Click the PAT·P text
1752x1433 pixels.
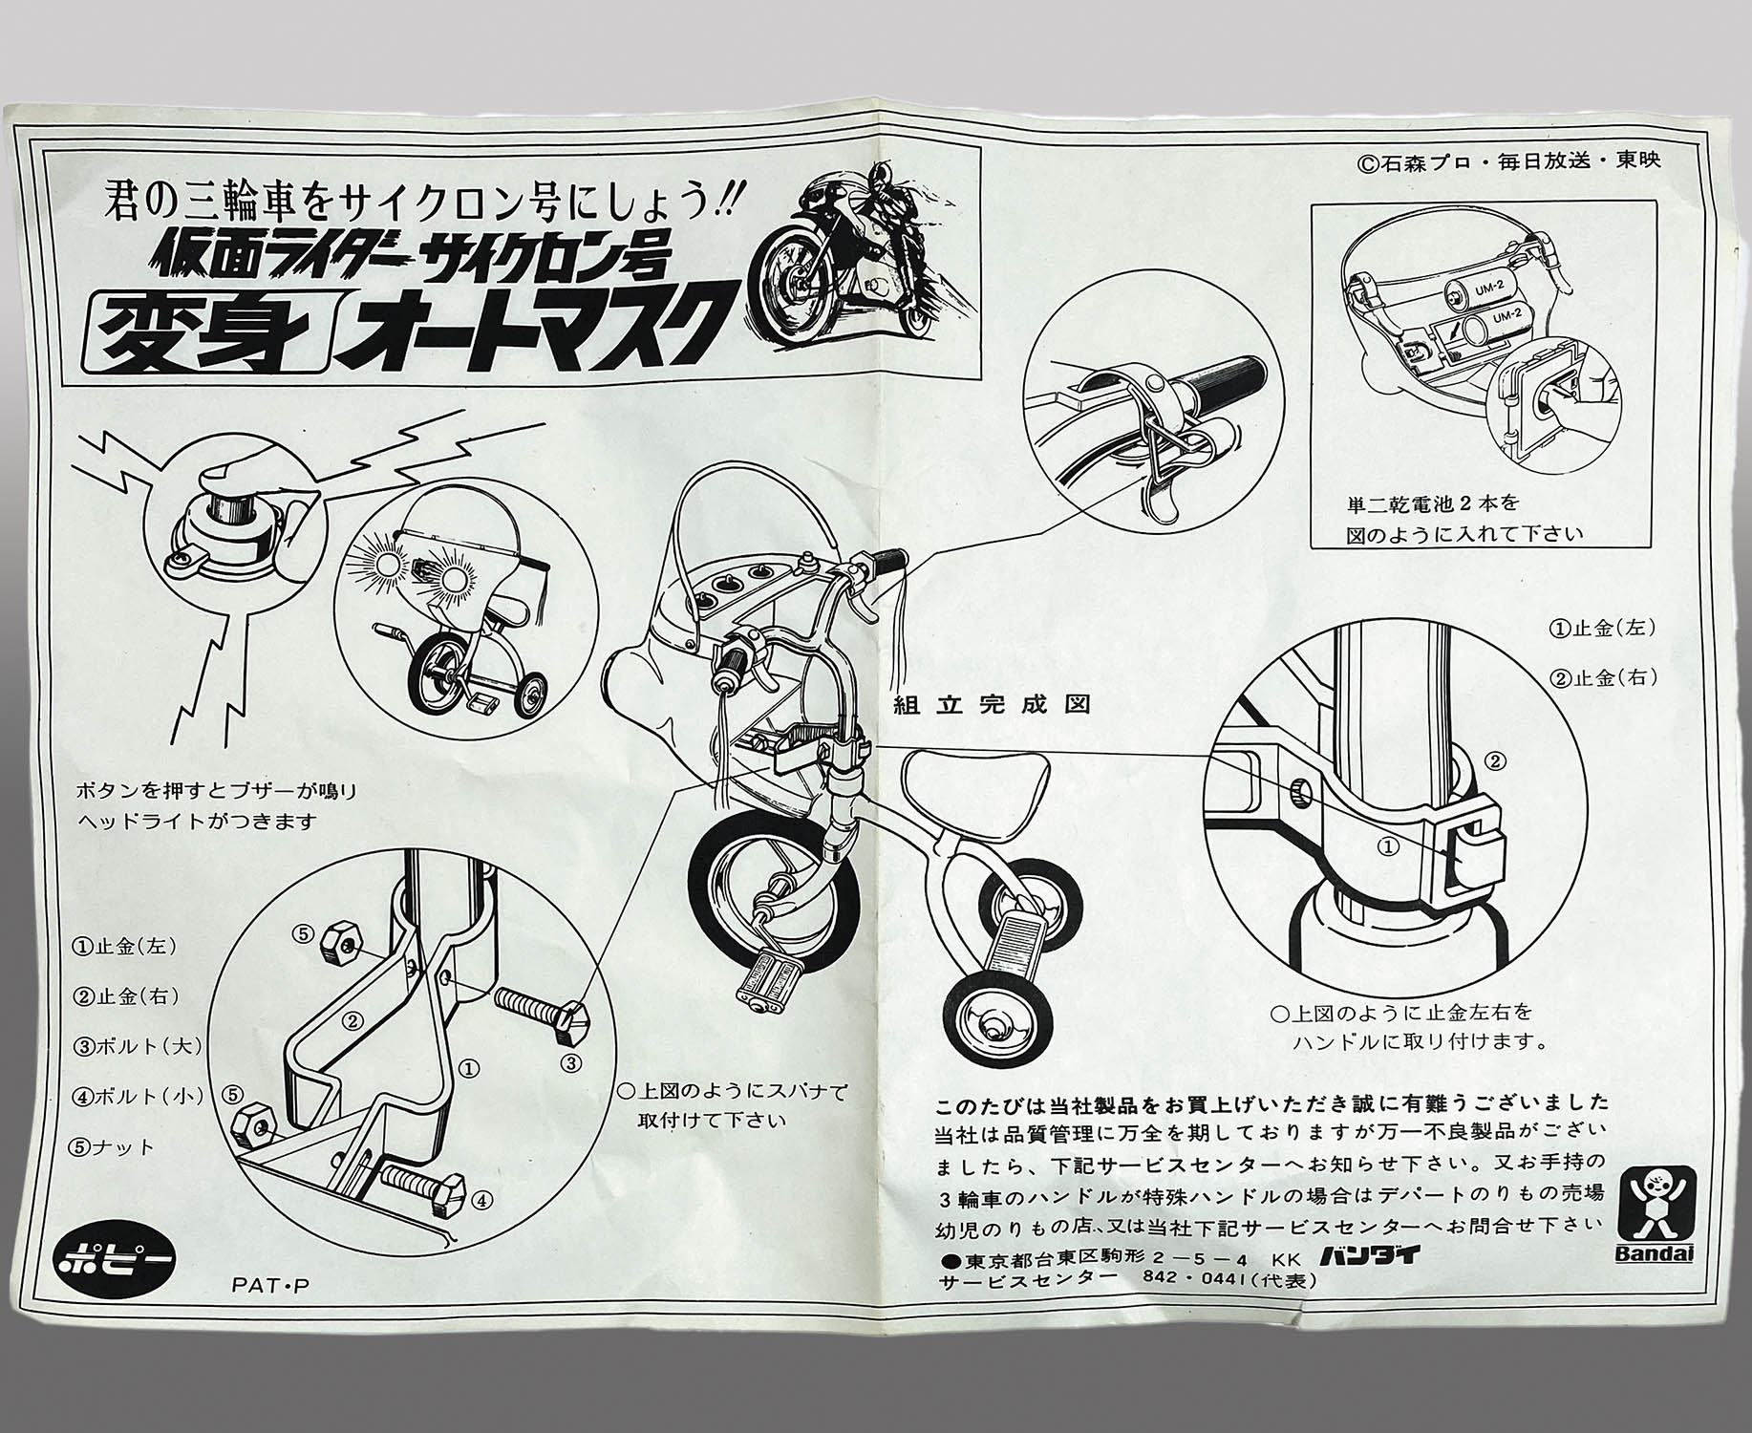click(270, 1286)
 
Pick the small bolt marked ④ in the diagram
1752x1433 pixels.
click(421, 1189)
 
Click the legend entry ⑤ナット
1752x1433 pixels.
click(114, 1147)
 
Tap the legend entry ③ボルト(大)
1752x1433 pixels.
click(139, 1045)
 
